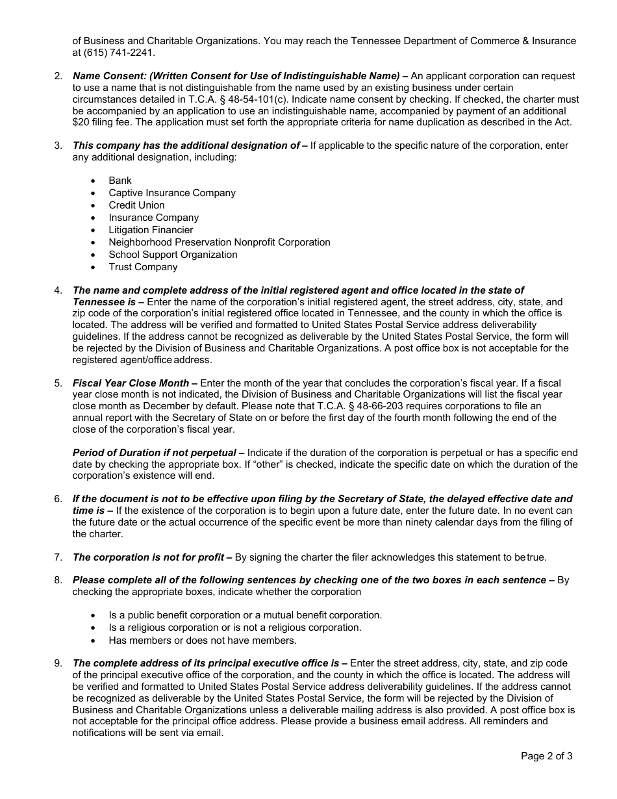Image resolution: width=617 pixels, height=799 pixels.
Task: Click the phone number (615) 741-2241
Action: click(x=120, y=53)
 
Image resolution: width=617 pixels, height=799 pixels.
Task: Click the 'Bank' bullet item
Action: click(x=120, y=181)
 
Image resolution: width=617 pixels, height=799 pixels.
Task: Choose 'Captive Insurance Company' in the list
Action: click(x=172, y=193)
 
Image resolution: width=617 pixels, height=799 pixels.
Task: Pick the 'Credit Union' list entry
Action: click(x=136, y=205)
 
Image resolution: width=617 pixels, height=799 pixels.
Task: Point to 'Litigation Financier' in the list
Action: click(x=151, y=230)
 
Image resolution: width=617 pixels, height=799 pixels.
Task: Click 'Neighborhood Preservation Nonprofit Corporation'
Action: click(x=220, y=242)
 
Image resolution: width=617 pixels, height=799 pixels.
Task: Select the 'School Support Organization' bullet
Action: click(x=173, y=255)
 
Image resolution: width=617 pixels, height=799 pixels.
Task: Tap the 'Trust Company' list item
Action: click(x=143, y=267)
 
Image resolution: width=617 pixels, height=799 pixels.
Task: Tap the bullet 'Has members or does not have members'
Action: click(x=203, y=640)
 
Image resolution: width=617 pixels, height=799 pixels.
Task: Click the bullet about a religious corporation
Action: click(x=234, y=628)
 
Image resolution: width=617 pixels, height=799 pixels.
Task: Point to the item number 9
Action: click(x=58, y=663)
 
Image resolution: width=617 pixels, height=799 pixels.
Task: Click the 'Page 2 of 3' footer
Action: click(x=546, y=756)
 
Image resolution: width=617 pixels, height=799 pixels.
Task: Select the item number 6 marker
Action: click(x=58, y=499)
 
